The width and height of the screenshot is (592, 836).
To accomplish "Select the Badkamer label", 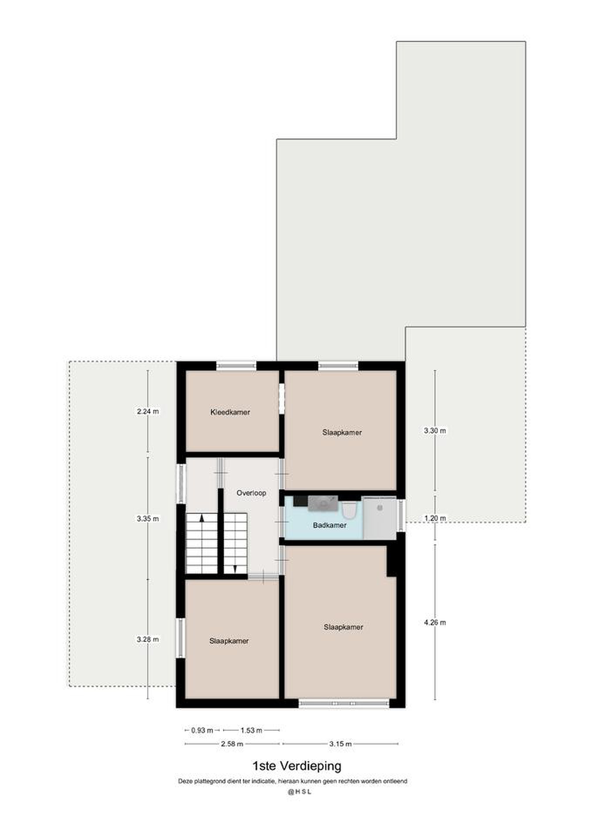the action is (x=330, y=525).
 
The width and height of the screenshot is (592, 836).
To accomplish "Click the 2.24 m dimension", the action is (x=148, y=411).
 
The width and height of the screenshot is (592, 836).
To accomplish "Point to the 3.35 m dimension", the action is (x=148, y=518).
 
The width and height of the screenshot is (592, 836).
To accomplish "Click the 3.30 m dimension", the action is (x=434, y=430).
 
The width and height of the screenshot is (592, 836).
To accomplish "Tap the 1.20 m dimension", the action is (x=434, y=518).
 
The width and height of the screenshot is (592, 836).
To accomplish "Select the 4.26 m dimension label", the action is (x=434, y=622).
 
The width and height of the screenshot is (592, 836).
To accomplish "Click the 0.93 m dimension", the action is (x=202, y=730).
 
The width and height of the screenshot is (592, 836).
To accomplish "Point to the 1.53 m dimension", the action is (x=251, y=730).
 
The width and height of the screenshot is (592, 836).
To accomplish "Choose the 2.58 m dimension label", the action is (x=232, y=744).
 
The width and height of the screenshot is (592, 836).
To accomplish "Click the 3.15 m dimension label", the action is (x=341, y=744).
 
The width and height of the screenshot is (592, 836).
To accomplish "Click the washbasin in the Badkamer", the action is (x=323, y=504).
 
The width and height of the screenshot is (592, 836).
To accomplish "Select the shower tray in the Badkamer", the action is (x=380, y=519).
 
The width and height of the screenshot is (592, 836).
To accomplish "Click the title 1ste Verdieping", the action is (x=297, y=766).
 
